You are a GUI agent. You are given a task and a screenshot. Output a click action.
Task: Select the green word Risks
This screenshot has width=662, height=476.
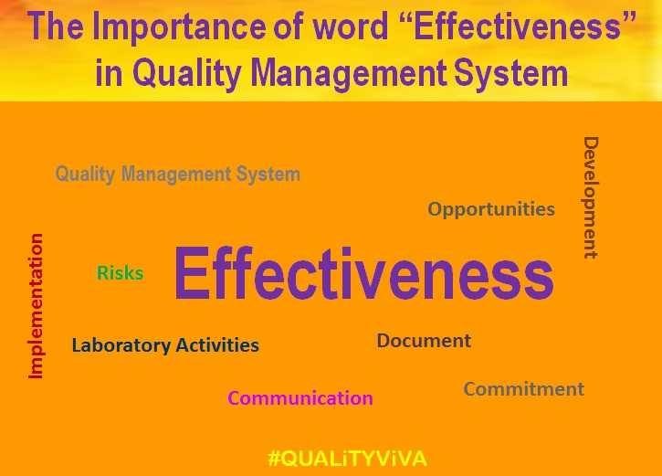tap(120, 273)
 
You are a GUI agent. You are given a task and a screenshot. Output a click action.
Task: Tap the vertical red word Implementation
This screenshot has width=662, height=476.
tap(36, 306)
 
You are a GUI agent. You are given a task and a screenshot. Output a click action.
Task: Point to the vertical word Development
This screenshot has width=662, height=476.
tap(591, 197)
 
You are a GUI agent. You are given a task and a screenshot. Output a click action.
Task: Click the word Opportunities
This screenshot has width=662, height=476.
tap(491, 209)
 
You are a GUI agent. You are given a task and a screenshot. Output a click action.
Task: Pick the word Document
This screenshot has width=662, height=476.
tap(424, 341)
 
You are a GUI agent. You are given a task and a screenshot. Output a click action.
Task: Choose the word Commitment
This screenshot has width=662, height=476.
tap(523, 389)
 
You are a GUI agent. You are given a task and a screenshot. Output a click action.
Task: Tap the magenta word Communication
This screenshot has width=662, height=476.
tap(299, 398)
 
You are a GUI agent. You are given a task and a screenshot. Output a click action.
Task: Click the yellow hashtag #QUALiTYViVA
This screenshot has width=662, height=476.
tap(347, 458)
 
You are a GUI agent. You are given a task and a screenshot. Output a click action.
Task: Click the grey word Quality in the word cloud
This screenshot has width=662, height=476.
tap(86, 174)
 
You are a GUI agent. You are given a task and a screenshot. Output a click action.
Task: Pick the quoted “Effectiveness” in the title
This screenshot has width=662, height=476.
tap(513, 27)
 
